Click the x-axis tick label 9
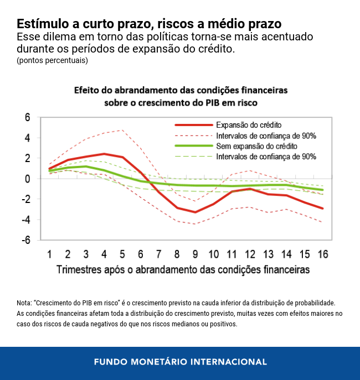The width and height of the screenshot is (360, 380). [194, 254]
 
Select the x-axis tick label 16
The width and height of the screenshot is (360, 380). [322, 254]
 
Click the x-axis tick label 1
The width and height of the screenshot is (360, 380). [50, 254]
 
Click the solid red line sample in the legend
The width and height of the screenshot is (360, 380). [193, 125]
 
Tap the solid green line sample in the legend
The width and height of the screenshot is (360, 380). [193, 146]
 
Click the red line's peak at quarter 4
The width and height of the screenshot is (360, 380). [104, 154]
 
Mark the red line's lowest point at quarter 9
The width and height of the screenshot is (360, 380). [194, 212]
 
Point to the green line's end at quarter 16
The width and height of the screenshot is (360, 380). [322, 190]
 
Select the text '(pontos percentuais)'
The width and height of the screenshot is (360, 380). [52, 61]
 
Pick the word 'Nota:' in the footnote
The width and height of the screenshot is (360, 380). [25, 303]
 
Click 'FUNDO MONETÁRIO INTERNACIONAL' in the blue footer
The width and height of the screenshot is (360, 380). [180, 362]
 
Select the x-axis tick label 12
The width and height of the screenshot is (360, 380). [249, 254]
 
